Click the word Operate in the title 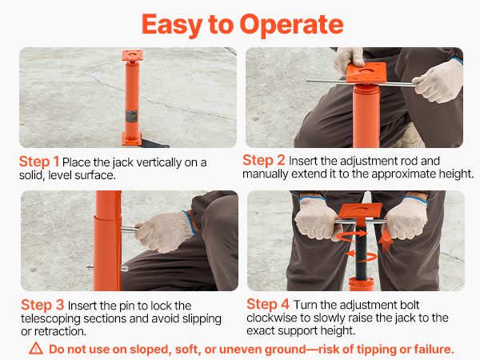click(291, 26)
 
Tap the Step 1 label click(39, 162)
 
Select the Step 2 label click(263, 160)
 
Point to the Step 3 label click(42, 305)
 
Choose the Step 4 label click(268, 304)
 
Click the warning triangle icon click(36, 348)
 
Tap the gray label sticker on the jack click(132, 117)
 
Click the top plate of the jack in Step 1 click(132, 55)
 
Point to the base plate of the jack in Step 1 click(132, 138)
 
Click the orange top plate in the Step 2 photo click(366, 73)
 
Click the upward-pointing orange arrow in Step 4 click(386, 240)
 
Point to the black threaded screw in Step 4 click(361, 252)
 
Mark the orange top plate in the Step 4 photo click(360, 210)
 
